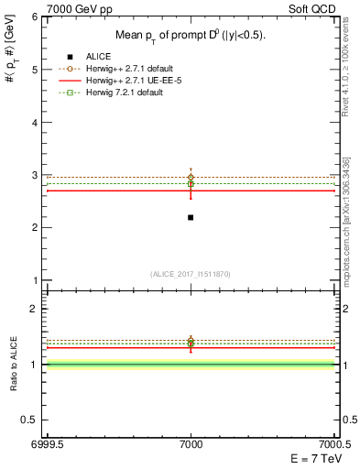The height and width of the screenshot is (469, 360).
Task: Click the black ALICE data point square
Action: point(191,217)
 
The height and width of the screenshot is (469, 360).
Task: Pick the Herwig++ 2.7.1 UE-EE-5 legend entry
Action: point(134,82)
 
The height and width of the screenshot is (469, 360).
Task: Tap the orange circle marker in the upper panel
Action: point(191,177)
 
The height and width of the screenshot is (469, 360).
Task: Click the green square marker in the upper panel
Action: point(191,183)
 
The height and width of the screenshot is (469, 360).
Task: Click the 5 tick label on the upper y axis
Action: point(37,70)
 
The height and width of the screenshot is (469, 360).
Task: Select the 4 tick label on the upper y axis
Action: point(37,122)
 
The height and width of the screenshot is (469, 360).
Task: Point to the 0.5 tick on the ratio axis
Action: point(32,420)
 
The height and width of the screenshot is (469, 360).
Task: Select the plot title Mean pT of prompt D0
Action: point(190,35)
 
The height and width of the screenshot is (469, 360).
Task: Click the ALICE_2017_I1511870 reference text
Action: point(190,274)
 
